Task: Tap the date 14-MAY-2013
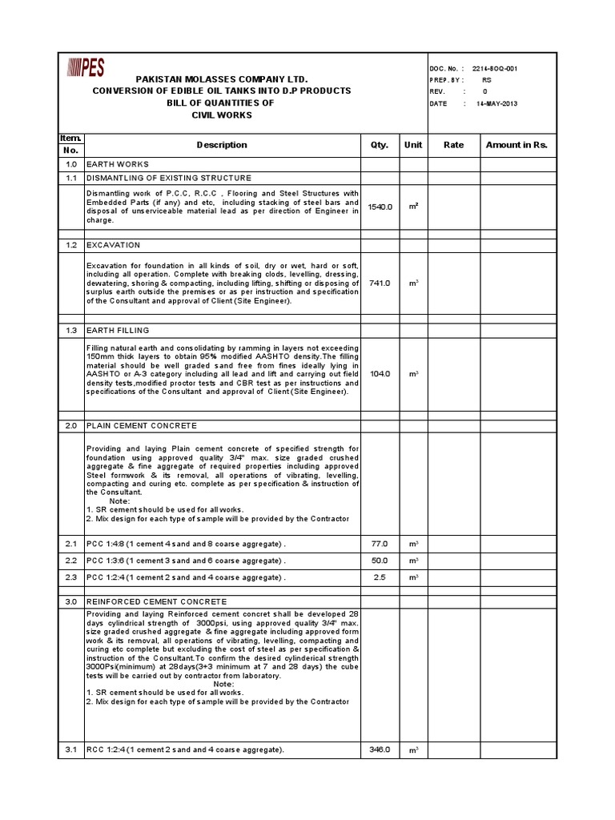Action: pyautogui.click(x=497, y=104)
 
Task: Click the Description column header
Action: pyautogui.click(x=222, y=145)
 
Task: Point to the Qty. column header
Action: pyautogui.click(x=379, y=145)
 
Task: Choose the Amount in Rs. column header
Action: pyautogui.click(x=517, y=145)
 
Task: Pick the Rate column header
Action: pyautogui.click(x=453, y=145)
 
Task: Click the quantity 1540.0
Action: pyautogui.click(x=379, y=207)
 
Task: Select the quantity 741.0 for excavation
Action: pyautogui.click(x=379, y=283)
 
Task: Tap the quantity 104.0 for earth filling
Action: pyautogui.click(x=379, y=373)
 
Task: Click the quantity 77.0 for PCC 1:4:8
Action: pyautogui.click(x=379, y=544)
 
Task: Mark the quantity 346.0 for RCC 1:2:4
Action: pyautogui.click(x=379, y=750)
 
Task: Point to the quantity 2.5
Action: pyautogui.click(x=379, y=577)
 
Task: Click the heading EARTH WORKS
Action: pyautogui.click(x=118, y=164)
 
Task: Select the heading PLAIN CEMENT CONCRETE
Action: pyautogui.click(x=142, y=426)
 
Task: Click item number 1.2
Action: pyautogui.click(x=70, y=244)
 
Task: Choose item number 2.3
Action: pyautogui.click(x=70, y=577)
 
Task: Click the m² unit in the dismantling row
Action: pyautogui.click(x=413, y=207)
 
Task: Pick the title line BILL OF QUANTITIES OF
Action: pyautogui.click(x=221, y=103)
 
